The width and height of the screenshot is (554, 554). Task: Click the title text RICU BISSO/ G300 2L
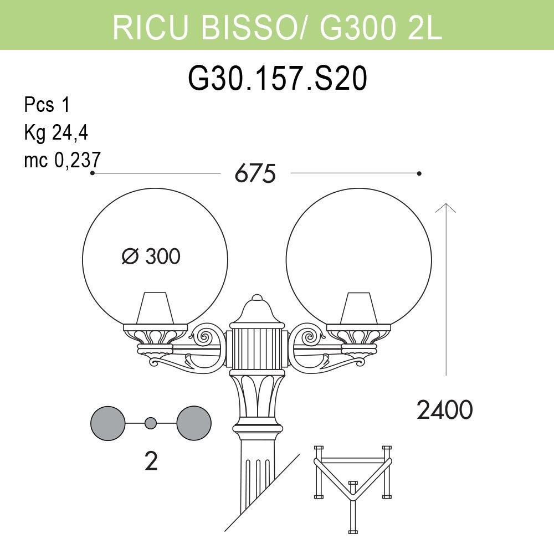click(x=277, y=26)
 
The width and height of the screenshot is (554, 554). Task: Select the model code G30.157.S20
click(x=277, y=79)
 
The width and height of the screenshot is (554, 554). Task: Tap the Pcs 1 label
click(x=47, y=105)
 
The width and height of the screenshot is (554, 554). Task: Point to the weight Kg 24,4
click(x=56, y=132)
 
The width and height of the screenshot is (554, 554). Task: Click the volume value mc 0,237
click(x=62, y=160)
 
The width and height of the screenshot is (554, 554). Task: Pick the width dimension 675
click(x=255, y=174)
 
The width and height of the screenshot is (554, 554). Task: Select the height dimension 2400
click(x=444, y=411)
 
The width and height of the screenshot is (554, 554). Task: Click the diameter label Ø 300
click(x=151, y=257)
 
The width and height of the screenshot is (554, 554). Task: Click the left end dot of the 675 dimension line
click(x=92, y=173)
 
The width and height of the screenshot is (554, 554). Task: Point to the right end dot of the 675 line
click(x=419, y=173)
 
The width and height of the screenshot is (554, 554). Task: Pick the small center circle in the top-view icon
click(x=150, y=423)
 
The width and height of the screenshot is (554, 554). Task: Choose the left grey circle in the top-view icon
click(x=108, y=423)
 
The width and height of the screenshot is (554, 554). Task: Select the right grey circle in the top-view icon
click(x=194, y=423)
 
